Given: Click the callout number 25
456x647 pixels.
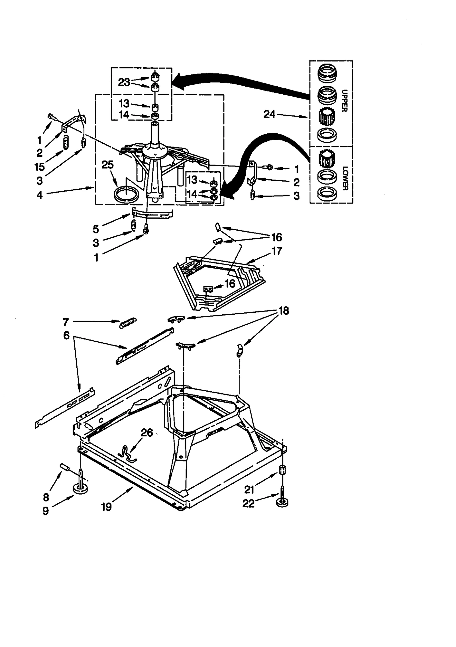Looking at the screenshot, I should tap(108, 165).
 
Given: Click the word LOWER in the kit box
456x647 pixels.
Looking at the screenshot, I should tap(345, 178).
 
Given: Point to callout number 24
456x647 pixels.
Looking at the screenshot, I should tap(269, 114).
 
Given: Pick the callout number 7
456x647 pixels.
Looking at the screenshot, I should tap(66, 322).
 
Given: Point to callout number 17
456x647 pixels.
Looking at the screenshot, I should tap(277, 251).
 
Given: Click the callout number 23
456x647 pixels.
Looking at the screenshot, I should tap(124, 82).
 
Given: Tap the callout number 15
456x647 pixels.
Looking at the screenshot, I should tap(40, 167).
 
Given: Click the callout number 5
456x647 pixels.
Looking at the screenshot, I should tap(96, 229).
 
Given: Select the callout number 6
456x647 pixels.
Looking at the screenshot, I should tap(66, 335).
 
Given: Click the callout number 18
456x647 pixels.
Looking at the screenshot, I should tap(284, 311).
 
